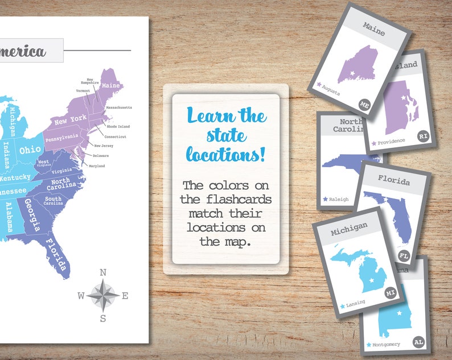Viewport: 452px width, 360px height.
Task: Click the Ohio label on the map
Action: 30,151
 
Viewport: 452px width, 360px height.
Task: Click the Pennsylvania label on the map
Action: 63,137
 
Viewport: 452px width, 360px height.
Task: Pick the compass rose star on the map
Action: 103,295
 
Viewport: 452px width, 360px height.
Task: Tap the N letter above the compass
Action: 103,272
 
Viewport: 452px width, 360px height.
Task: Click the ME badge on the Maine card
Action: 365,104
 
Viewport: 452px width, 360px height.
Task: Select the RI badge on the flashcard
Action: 422,136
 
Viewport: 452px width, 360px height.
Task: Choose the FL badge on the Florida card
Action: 405,256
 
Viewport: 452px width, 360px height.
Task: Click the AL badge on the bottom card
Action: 418,342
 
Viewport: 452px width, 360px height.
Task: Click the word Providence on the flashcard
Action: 391,141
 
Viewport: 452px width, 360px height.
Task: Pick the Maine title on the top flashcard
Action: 374,32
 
